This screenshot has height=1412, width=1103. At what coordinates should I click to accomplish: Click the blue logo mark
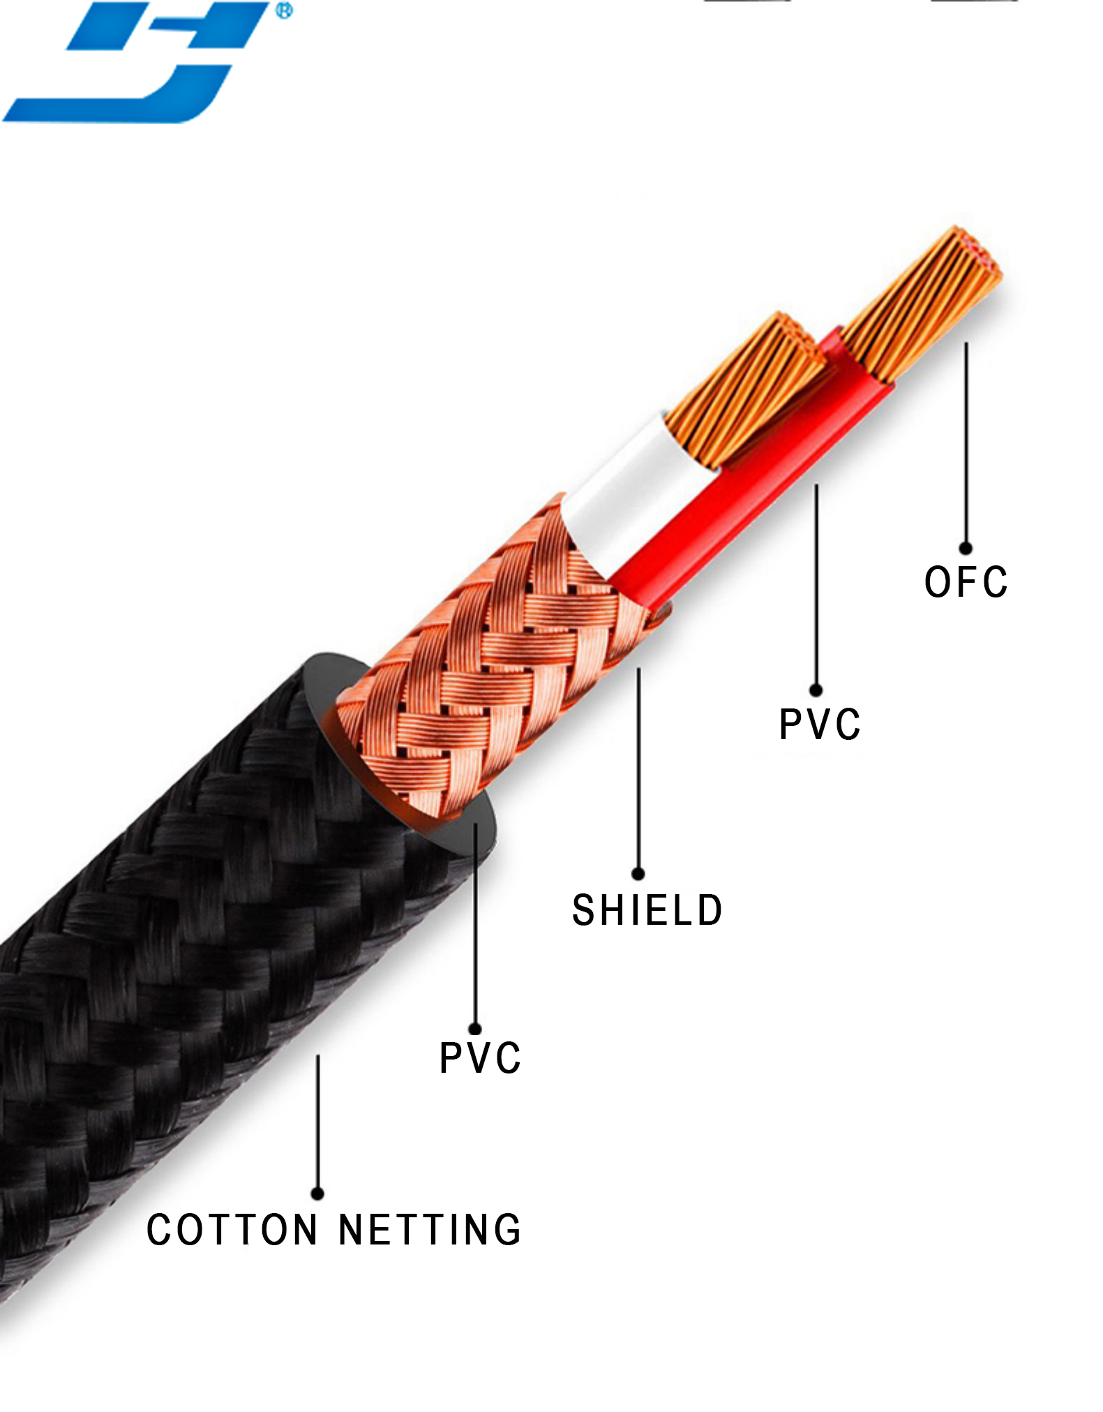140,63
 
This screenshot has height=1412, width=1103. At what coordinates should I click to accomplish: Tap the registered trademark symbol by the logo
284,10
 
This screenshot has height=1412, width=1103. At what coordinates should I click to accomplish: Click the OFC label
966,582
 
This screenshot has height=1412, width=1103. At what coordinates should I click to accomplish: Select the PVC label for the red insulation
820,724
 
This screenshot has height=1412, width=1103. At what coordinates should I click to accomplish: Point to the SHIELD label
647,910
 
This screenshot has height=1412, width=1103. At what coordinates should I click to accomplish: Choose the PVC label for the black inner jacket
480,1058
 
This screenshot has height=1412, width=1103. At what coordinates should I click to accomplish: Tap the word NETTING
430,1231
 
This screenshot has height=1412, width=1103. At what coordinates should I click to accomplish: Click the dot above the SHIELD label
638,873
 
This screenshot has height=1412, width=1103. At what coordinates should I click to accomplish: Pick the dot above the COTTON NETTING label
317,1193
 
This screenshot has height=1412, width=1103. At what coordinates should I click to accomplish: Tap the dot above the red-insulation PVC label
816,690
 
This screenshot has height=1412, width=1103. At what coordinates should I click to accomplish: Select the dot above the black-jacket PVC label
475,1028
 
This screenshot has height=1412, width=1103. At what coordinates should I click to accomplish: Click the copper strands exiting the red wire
921,307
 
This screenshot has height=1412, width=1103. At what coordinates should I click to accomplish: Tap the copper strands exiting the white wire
746,391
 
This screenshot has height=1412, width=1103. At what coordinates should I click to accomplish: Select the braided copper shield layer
488,663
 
